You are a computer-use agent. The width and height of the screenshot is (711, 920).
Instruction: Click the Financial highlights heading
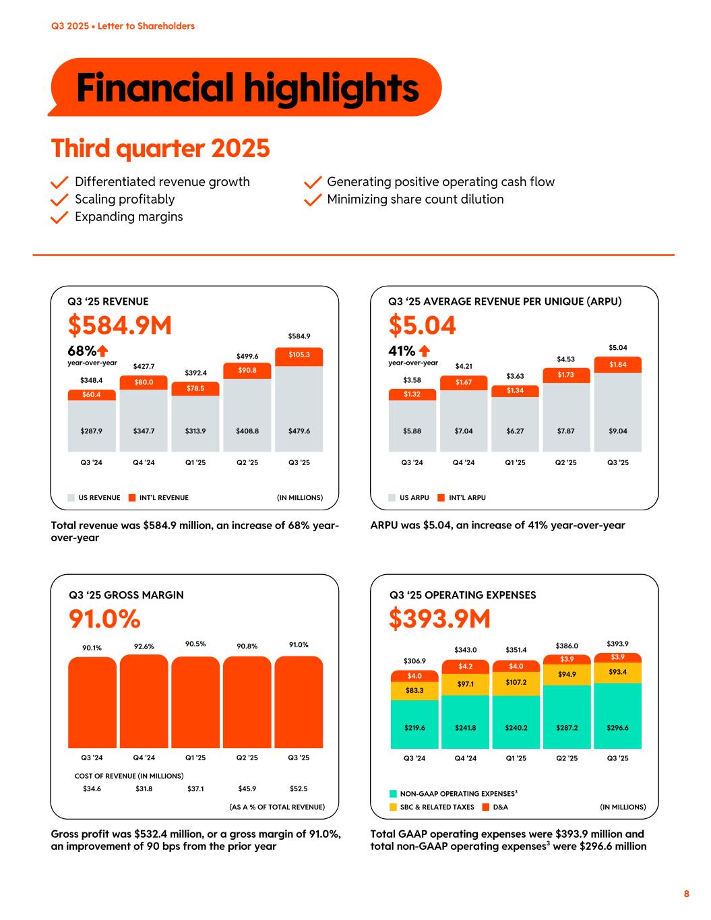[x=247, y=88]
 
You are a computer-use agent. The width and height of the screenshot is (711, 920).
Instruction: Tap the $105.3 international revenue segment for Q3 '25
[x=299, y=355]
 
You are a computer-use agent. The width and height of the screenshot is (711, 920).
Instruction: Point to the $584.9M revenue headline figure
[x=120, y=326]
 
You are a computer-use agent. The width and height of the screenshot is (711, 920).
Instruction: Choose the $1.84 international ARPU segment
[x=617, y=365]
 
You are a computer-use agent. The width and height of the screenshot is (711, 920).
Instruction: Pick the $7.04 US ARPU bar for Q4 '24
[x=464, y=421]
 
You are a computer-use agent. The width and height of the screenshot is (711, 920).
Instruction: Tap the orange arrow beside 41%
[x=425, y=351]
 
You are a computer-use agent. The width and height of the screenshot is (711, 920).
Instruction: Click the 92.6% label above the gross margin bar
[x=144, y=646]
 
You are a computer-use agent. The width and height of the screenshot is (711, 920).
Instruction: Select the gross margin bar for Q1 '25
[x=195, y=702]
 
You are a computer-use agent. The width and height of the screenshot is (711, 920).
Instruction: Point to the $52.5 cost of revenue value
[x=299, y=788]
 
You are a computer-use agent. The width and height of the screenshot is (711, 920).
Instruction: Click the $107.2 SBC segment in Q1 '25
[x=516, y=683]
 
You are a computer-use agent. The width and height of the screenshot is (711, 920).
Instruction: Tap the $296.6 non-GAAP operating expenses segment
[x=617, y=716]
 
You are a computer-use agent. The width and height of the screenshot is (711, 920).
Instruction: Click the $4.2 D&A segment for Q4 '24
[x=465, y=667]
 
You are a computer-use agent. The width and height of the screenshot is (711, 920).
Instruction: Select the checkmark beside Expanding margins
[x=60, y=217]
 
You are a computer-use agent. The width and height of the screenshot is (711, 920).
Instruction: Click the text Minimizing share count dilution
[x=415, y=200]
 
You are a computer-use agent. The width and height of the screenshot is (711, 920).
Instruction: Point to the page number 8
[x=687, y=894]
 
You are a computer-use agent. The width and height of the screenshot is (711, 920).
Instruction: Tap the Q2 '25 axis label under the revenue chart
[x=247, y=462]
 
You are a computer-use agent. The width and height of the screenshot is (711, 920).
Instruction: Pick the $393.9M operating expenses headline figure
[x=439, y=619]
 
